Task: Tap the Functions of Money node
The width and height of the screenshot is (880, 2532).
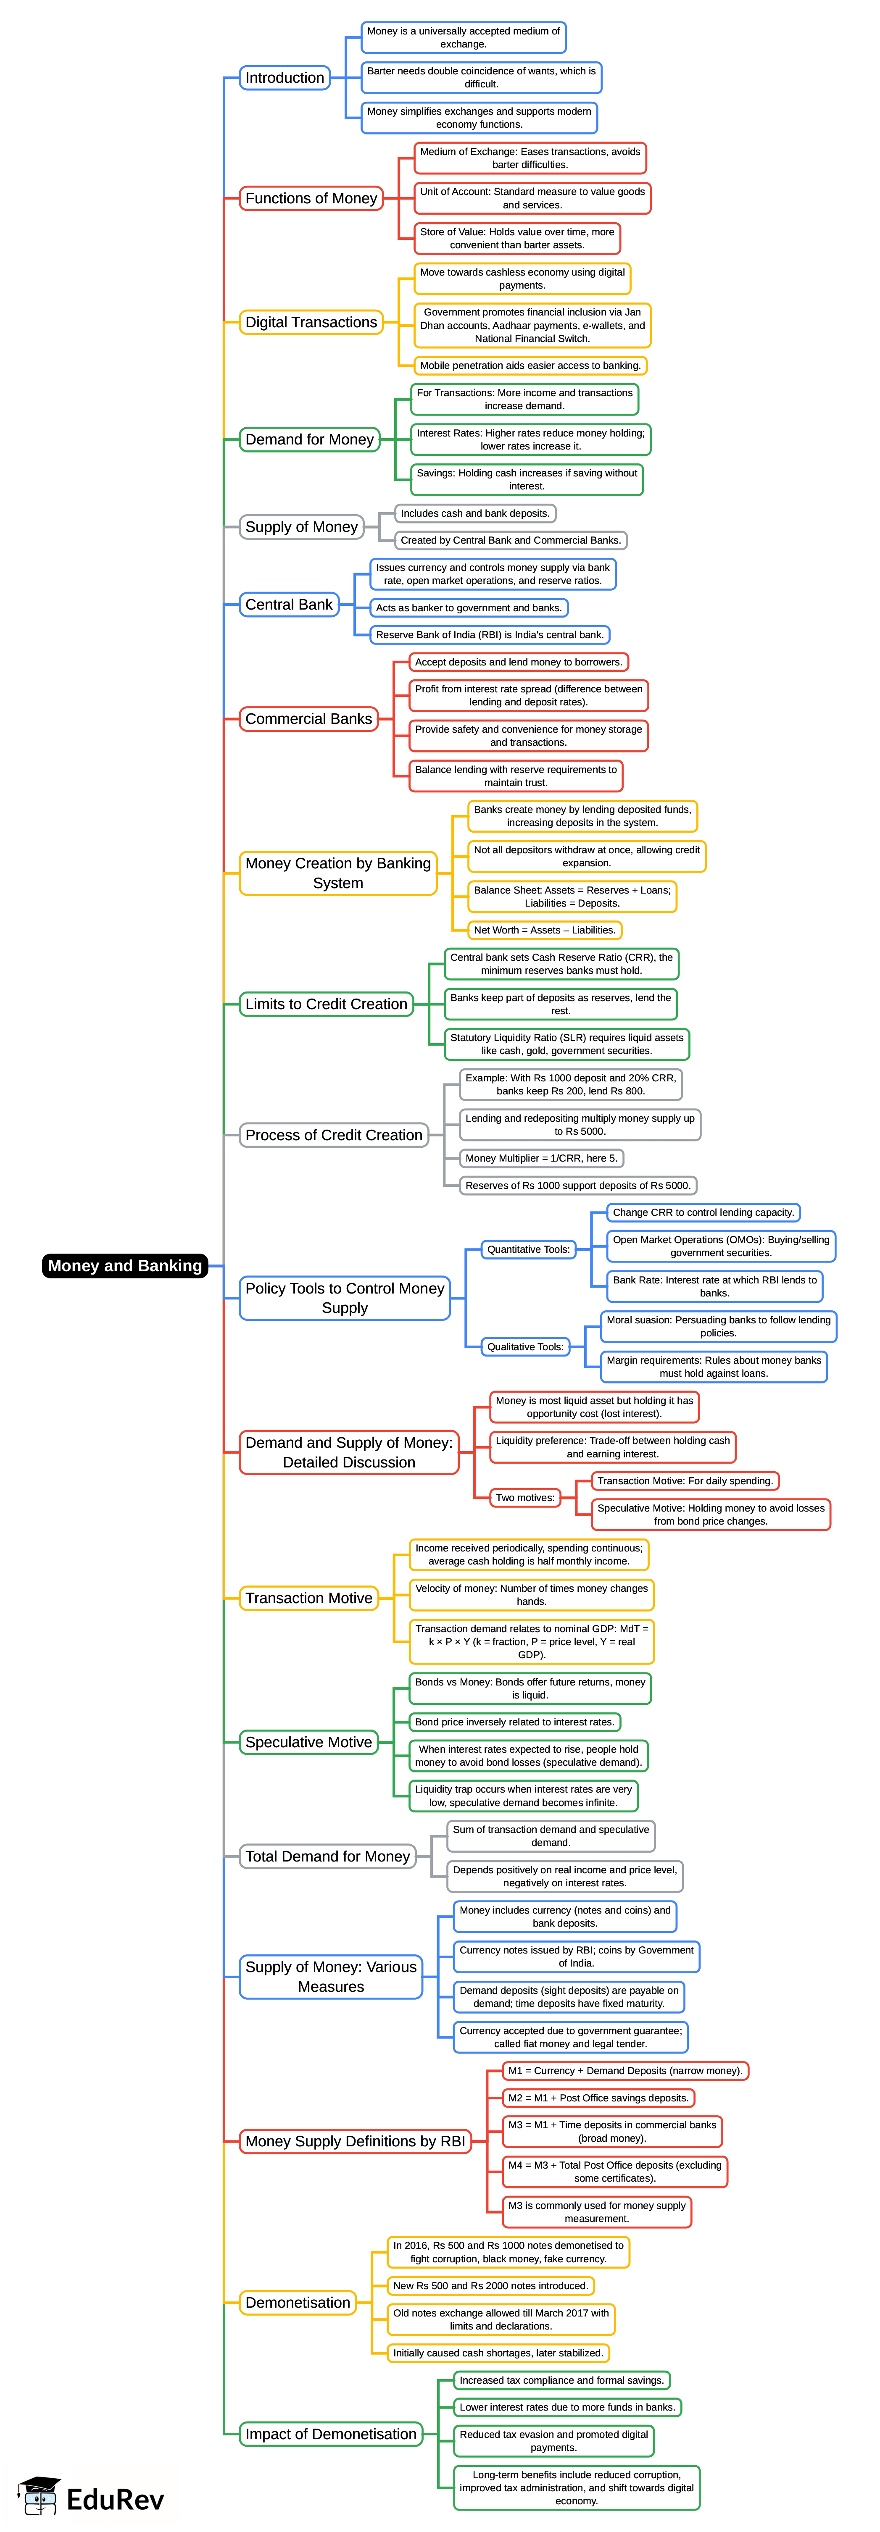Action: click(x=311, y=199)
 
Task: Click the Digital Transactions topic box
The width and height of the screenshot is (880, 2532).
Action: click(x=311, y=322)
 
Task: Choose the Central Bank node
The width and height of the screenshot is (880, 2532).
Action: click(x=289, y=605)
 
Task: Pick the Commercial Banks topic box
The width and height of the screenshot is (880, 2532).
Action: click(x=309, y=718)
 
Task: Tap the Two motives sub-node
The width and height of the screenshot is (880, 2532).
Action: click(x=525, y=1498)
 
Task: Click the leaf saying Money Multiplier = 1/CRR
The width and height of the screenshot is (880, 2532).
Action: click(x=542, y=1158)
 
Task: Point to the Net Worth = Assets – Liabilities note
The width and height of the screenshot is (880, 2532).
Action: click(x=545, y=930)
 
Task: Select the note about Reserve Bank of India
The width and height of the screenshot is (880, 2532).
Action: click(x=490, y=635)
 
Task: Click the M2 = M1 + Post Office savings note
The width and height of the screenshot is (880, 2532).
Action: click(x=598, y=2098)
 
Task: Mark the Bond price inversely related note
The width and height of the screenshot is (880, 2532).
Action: click(x=515, y=1722)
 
